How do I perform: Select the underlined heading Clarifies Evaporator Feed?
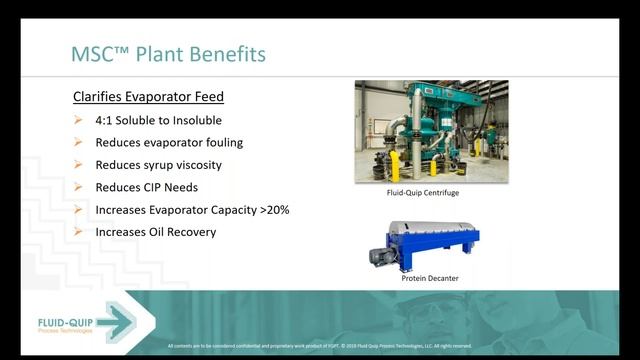point(148,97)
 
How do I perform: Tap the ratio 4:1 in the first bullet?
point(107,120)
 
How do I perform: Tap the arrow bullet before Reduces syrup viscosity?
point(79,165)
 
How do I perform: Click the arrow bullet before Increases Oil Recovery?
point(79,232)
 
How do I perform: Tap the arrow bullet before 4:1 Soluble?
point(79,120)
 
